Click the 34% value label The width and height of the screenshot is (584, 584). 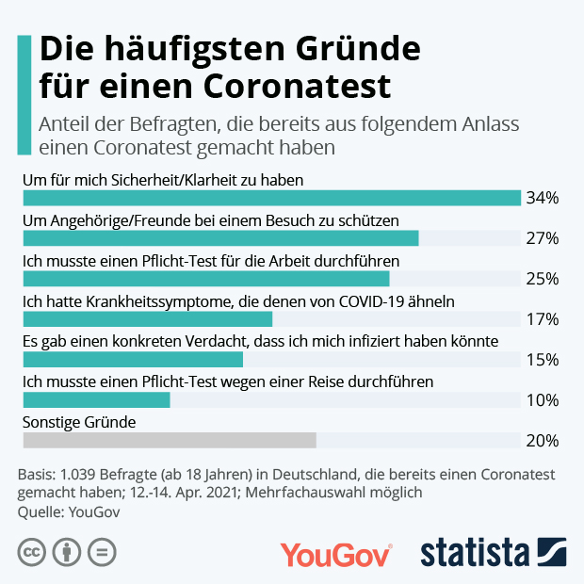543,198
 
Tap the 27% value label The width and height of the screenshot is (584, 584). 543,238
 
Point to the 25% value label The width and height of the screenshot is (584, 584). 543,279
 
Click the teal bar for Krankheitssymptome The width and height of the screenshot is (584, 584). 147,319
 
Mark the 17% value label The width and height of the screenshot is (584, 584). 543,319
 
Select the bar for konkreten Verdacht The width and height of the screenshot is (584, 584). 133,360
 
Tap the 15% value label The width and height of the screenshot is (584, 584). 543,360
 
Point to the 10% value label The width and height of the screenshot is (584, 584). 543,400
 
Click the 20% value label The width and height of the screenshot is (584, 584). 543,441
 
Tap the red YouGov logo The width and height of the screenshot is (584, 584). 335,554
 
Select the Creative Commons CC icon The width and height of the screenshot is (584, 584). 32,551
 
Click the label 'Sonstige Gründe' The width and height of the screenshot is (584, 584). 79,422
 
